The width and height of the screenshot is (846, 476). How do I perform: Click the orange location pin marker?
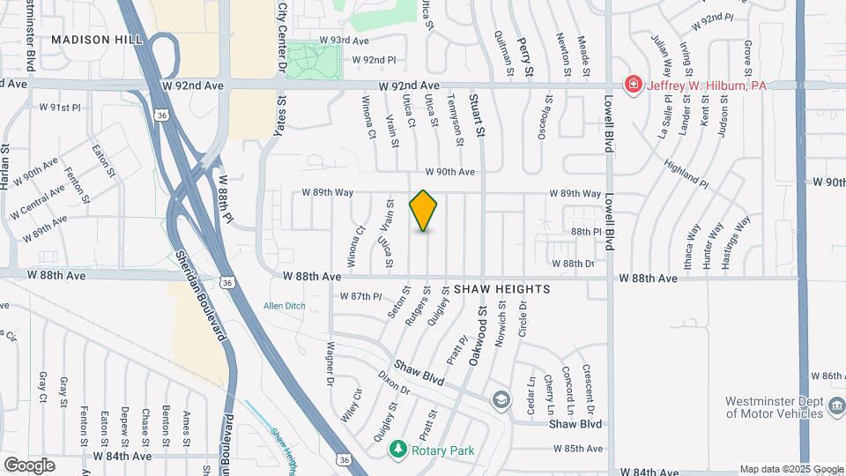424,211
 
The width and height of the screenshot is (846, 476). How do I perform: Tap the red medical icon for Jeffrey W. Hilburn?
632,85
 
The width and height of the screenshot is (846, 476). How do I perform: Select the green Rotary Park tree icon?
398,450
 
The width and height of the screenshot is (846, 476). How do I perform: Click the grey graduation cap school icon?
501,399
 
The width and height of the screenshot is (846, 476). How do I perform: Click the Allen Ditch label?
285,306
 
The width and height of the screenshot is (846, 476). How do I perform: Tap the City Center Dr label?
282,35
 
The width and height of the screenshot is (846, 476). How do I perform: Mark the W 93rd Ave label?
344,41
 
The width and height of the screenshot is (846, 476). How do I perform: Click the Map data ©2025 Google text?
790,469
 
